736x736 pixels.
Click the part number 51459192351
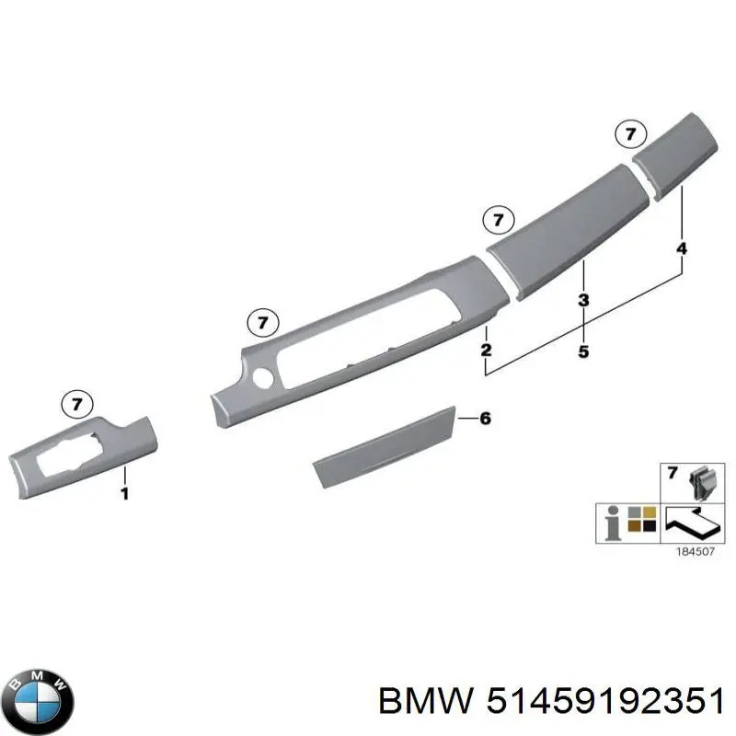[x=605, y=702]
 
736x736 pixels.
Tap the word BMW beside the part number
[x=425, y=702]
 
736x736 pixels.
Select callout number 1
[x=124, y=494]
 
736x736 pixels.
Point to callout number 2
[x=487, y=350]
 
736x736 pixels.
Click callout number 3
[x=583, y=300]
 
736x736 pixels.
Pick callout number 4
[x=682, y=248]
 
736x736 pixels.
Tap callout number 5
[x=583, y=351]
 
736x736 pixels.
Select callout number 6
[x=486, y=419]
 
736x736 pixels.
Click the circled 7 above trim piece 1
[x=77, y=404]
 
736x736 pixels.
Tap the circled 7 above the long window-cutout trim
[x=263, y=323]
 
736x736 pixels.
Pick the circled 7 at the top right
[x=630, y=134]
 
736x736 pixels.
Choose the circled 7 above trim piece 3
[x=499, y=220]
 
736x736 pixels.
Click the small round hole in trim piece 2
[x=262, y=377]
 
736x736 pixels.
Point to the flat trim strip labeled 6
[x=385, y=446]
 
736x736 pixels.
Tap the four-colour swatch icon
[x=641, y=519]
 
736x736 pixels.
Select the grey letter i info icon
[x=612, y=523]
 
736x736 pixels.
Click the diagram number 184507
[x=696, y=551]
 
